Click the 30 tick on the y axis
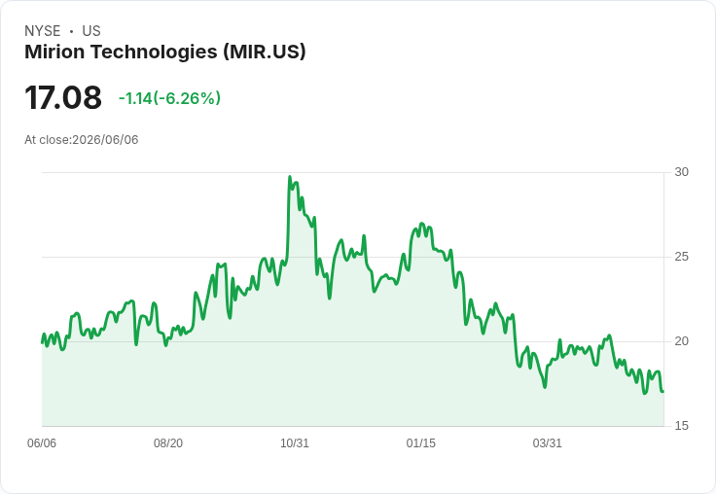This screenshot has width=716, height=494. click(x=681, y=172)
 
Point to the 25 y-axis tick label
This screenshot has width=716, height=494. click(x=681, y=257)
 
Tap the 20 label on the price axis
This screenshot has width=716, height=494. click(x=681, y=341)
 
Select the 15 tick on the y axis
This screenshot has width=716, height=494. click(x=681, y=426)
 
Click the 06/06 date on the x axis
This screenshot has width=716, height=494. click(x=42, y=443)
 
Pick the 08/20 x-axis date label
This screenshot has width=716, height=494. click(x=168, y=443)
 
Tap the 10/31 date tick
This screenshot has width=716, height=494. click(x=295, y=443)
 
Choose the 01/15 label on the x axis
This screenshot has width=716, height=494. click(x=420, y=443)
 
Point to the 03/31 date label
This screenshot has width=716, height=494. click(x=547, y=443)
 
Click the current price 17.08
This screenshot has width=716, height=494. click(x=63, y=97)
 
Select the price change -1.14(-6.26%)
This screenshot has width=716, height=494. click(x=169, y=98)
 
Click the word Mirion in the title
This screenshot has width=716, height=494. click(x=54, y=52)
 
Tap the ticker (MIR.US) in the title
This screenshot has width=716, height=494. click(x=265, y=53)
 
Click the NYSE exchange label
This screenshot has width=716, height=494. click(x=43, y=31)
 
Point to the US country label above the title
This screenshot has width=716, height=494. click(x=91, y=31)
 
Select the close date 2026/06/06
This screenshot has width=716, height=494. click(x=105, y=140)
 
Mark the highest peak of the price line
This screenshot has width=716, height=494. click(x=290, y=177)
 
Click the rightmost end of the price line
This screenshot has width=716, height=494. click(x=663, y=391)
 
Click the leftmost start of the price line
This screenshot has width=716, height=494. click(x=42, y=342)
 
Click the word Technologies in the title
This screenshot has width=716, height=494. click(x=154, y=53)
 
